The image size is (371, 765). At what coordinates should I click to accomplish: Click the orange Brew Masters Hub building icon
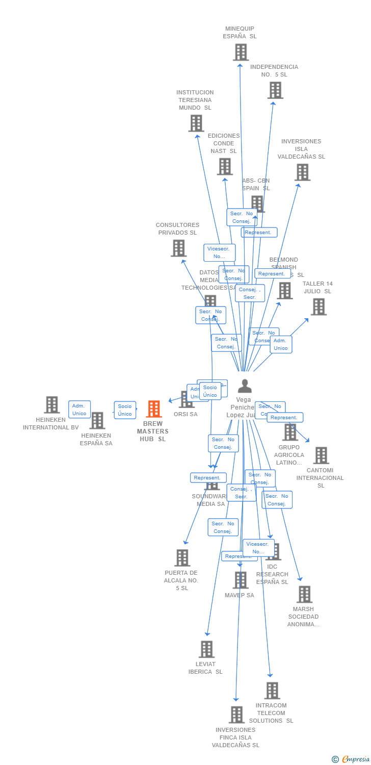tap(154, 409)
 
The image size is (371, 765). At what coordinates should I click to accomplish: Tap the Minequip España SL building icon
tap(241, 52)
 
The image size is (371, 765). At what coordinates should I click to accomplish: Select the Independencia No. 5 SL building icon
tap(275, 90)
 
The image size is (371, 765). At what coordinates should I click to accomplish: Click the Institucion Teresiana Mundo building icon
tap(196, 123)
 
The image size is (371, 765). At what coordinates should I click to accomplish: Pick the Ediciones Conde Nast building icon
tap(225, 166)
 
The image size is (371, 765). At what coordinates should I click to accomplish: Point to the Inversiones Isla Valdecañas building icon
tap(302, 172)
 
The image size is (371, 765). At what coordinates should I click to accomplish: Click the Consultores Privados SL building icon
tap(178, 248)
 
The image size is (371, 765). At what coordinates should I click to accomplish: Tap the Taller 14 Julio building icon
tap(319, 307)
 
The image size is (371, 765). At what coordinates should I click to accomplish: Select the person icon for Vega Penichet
tap(245, 386)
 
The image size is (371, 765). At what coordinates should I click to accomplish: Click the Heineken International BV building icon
tap(51, 405)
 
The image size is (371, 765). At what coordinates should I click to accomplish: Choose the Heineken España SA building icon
tap(97, 421)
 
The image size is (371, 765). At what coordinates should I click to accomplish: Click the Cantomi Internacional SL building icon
tap(321, 455)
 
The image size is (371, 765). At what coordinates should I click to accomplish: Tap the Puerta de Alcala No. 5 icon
tap(182, 558)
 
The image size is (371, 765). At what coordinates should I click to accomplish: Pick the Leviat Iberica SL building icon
tap(206, 649)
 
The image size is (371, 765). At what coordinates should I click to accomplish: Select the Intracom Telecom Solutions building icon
tap(272, 691)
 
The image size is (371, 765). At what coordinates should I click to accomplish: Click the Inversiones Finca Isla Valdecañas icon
tap(236, 715)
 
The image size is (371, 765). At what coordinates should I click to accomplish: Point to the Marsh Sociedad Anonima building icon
tap(304, 594)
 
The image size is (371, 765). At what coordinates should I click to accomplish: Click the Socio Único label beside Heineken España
tap(125, 410)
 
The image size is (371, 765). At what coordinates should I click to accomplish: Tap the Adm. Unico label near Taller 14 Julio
tap(281, 344)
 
